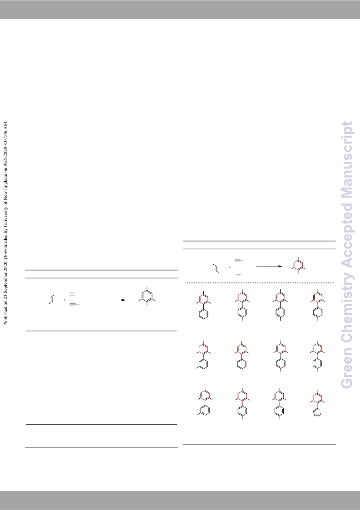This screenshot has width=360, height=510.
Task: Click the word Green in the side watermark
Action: click(347, 368)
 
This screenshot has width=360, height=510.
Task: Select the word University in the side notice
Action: click(5, 218)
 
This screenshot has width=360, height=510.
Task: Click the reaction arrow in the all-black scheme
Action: click(111, 300)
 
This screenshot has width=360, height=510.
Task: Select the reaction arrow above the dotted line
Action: click(269, 267)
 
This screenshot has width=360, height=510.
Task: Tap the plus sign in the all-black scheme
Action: click(65, 300)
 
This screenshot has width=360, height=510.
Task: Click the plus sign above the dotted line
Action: click(230, 267)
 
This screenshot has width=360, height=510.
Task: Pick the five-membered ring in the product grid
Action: click(317, 414)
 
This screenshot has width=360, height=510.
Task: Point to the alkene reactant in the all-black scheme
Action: click(51, 300)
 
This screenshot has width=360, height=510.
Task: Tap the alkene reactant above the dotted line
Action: click(216, 267)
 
